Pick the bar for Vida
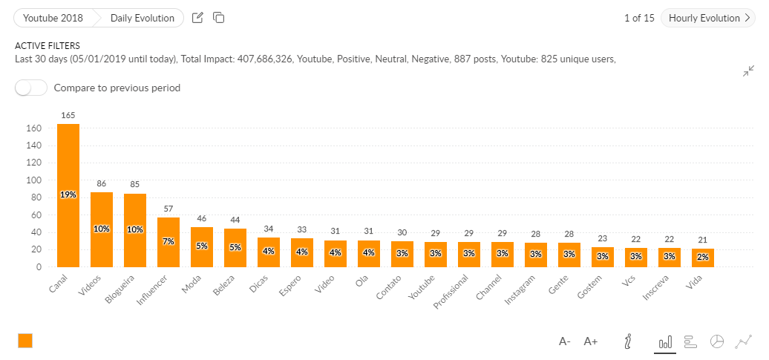pyautogui.click(x=703, y=258)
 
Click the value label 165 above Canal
pyautogui.click(x=68, y=115)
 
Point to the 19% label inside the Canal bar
pyautogui.click(x=68, y=194)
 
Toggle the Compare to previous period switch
pyautogui.click(x=31, y=88)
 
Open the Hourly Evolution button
pyautogui.click(x=707, y=18)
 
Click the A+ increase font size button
pyautogui.click(x=591, y=341)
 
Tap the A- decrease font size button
pyautogui.click(x=565, y=341)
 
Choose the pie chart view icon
pyautogui.click(x=716, y=341)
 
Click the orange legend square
pyautogui.click(x=25, y=341)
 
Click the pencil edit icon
pyautogui.click(x=197, y=18)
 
